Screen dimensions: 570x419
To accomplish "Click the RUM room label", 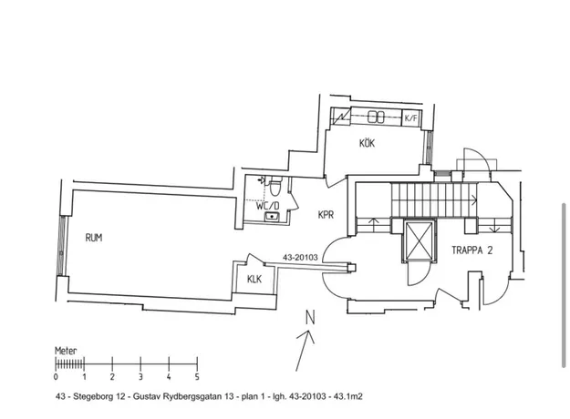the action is [x=94, y=238].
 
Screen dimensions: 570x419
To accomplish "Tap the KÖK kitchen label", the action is [x=367, y=143].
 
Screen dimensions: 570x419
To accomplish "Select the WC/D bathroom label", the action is [x=268, y=206].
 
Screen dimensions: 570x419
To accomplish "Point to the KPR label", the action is [x=326, y=215].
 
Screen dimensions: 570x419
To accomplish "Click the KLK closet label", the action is [x=254, y=280].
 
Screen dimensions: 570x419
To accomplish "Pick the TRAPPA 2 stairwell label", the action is [x=472, y=250].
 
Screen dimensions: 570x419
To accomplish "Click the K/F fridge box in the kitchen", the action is [x=411, y=118].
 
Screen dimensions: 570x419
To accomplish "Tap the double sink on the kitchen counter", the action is [x=377, y=117].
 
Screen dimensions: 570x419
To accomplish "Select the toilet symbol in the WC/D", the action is [x=275, y=185].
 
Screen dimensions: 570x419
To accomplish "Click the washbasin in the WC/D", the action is [x=272, y=217].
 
